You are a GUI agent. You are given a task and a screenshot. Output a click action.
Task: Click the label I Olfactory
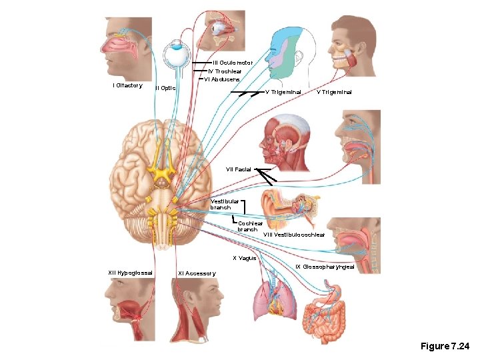pos(127,85)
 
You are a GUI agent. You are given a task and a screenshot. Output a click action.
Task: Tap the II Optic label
pos(165,88)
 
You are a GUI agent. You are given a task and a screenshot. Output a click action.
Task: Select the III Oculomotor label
pos(232,62)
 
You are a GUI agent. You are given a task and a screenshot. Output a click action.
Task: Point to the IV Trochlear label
pos(225,71)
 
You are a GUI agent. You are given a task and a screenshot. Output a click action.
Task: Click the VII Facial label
pos(239,169)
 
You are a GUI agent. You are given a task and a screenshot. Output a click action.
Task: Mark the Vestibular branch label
pos(224,204)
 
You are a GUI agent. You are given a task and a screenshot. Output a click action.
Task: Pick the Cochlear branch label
pos(247,227)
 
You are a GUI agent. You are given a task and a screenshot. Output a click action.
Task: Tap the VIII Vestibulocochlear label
pos(294,235)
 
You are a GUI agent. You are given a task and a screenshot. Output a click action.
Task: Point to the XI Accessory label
pos(197,273)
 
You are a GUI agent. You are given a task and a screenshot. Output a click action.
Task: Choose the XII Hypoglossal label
pos(131,272)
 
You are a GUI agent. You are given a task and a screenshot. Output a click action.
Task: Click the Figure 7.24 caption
pos(445,346)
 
